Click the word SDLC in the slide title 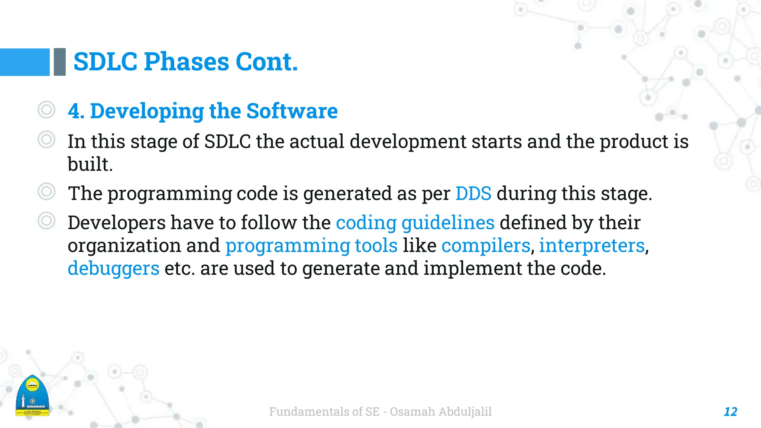click(106, 62)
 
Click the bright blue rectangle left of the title click(25, 62)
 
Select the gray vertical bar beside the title click(59, 62)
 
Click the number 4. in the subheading click(76, 111)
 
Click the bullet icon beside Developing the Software click(46, 110)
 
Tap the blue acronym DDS click(473, 194)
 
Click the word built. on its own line click(90, 164)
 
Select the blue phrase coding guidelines click(415, 223)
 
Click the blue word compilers click(486, 246)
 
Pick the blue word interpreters click(592, 246)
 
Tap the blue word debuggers click(113, 268)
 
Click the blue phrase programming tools click(311, 246)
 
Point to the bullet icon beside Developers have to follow click(46, 221)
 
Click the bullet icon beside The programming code click(46, 192)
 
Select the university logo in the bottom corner click(33, 396)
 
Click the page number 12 click(730, 412)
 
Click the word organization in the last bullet click(124, 246)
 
